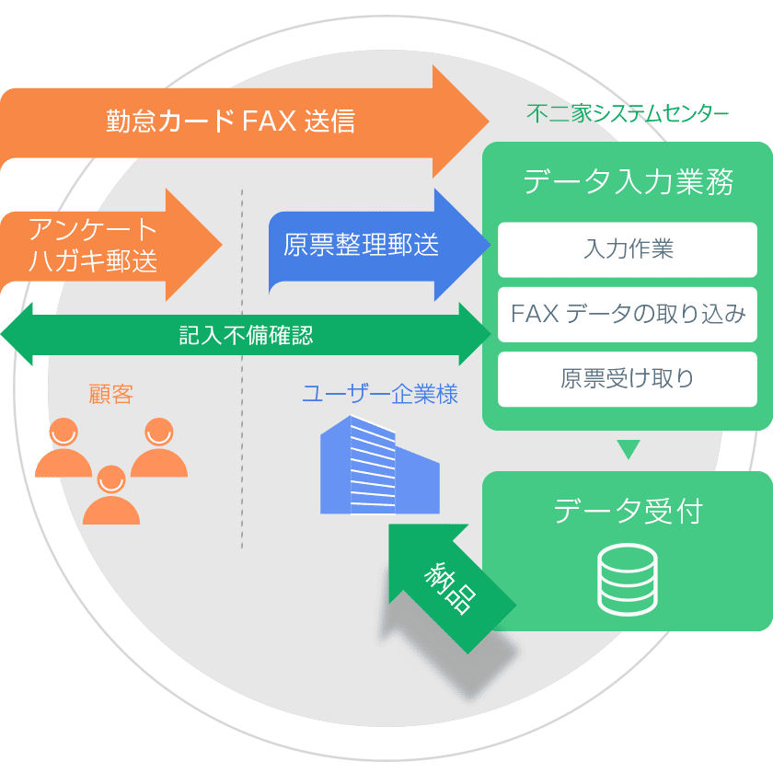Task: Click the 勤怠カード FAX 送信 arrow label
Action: click(x=230, y=121)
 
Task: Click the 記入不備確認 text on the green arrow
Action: click(x=246, y=334)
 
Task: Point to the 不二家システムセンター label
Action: click(x=628, y=113)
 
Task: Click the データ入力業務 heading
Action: click(x=628, y=181)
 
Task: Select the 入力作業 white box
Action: click(x=628, y=249)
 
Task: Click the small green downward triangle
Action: click(x=628, y=450)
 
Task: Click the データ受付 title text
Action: click(x=628, y=511)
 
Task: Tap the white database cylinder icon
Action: click(x=628, y=579)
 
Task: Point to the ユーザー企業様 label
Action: click(x=379, y=396)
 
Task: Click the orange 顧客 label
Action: click(x=110, y=395)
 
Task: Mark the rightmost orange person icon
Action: click(x=159, y=448)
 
